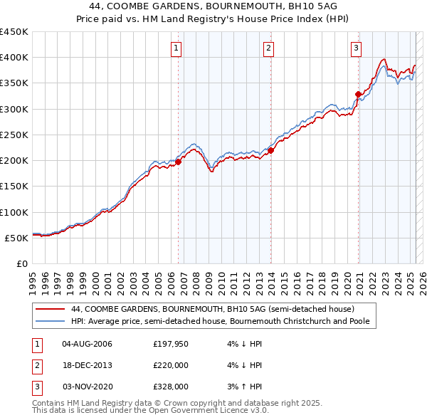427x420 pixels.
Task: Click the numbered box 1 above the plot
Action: (x=176, y=48)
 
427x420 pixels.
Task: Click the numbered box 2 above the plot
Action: (x=268, y=48)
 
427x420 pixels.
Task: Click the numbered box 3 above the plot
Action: (x=356, y=48)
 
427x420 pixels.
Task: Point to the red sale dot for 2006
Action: (x=179, y=162)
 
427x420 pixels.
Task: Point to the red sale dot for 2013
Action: (x=271, y=150)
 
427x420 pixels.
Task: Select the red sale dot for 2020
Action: (x=358, y=94)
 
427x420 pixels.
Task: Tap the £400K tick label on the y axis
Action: (x=14, y=58)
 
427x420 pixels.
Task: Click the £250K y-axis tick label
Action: (x=14, y=135)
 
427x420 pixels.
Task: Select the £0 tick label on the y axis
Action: (x=21, y=263)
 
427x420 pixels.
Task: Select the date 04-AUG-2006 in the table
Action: (x=88, y=345)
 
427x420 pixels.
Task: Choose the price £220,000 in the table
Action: (x=170, y=365)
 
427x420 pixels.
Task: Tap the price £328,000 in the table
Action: (x=170, y=387)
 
